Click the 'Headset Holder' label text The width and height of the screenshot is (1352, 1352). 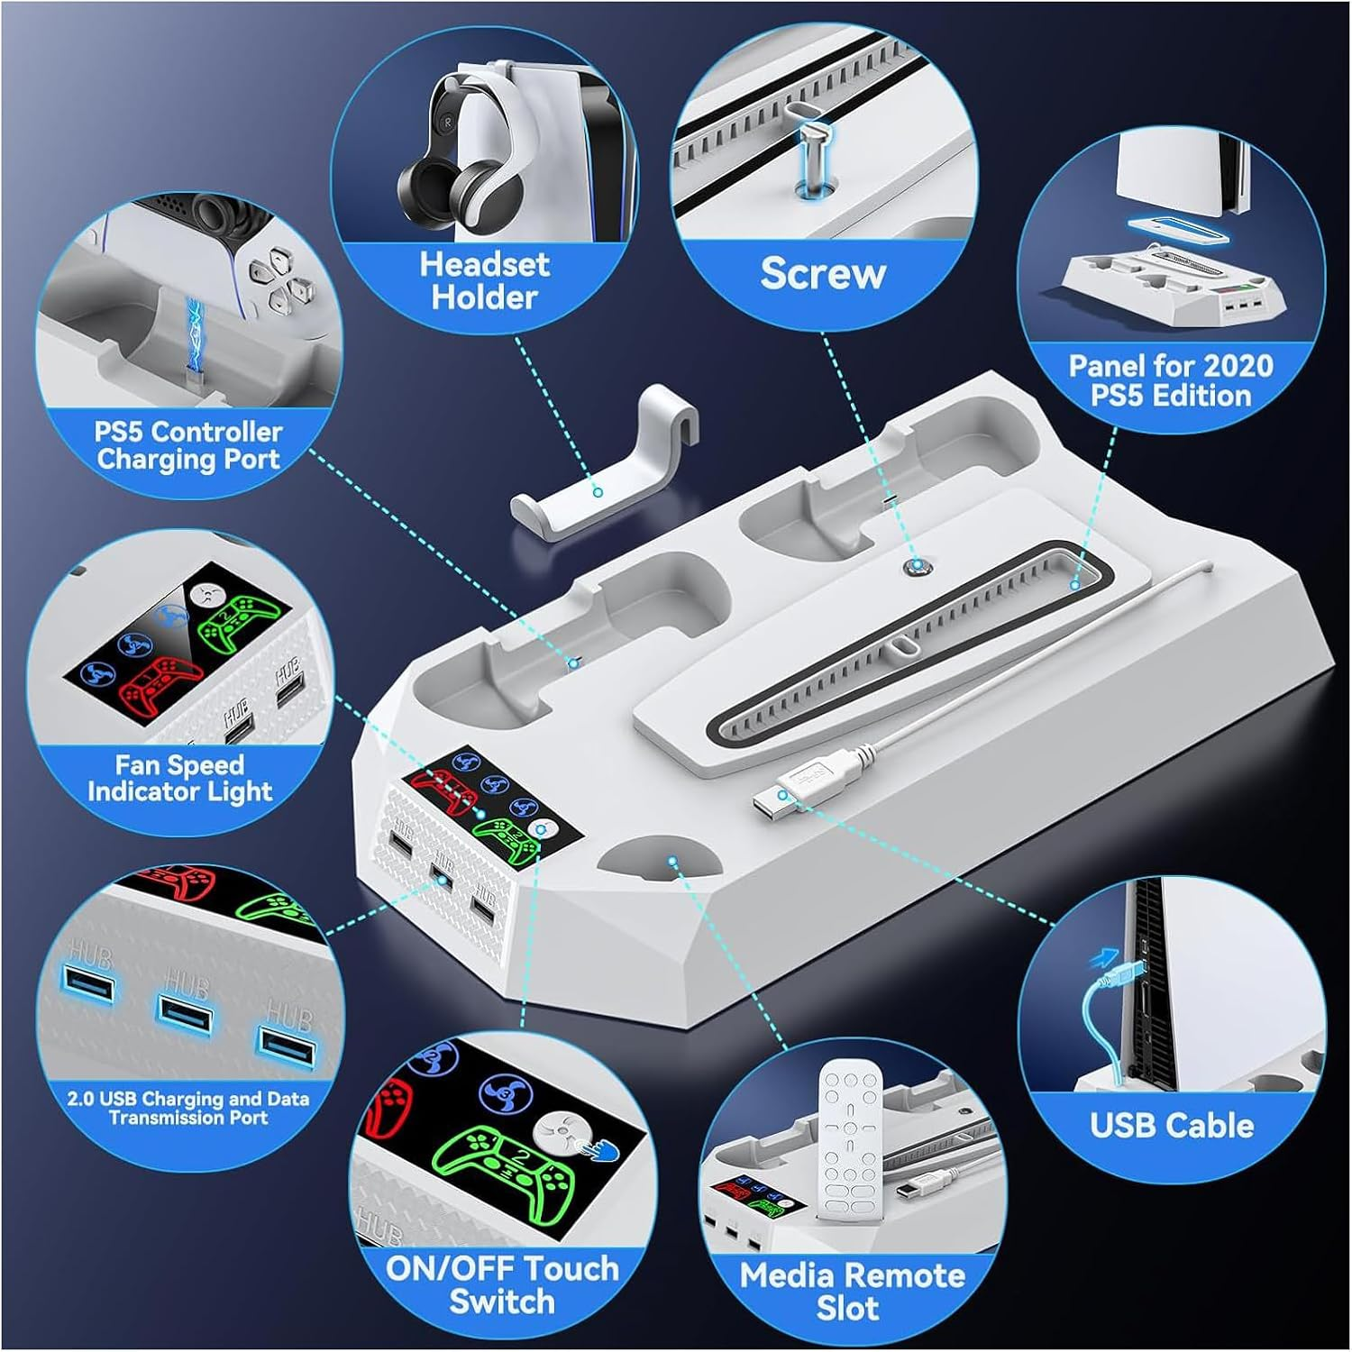click(x=484, y=280)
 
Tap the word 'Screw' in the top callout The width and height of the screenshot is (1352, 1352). click(x=822, y=273)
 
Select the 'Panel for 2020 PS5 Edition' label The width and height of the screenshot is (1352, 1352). click(x=1170, y=380)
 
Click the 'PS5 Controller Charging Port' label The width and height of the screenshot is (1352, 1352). click(x=187, y=445)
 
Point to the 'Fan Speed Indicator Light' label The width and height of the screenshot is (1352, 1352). click(x=179, y=778)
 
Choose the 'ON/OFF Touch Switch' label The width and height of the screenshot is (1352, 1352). click(x=502, y=1284)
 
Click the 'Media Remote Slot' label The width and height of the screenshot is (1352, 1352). click(x=851, y=1291)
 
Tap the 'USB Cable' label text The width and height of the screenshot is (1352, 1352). click(x=1171, y=1125)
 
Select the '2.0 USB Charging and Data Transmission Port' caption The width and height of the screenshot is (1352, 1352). click(x=188, y=1108)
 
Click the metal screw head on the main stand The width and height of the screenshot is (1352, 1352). click(x=917, y=567)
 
